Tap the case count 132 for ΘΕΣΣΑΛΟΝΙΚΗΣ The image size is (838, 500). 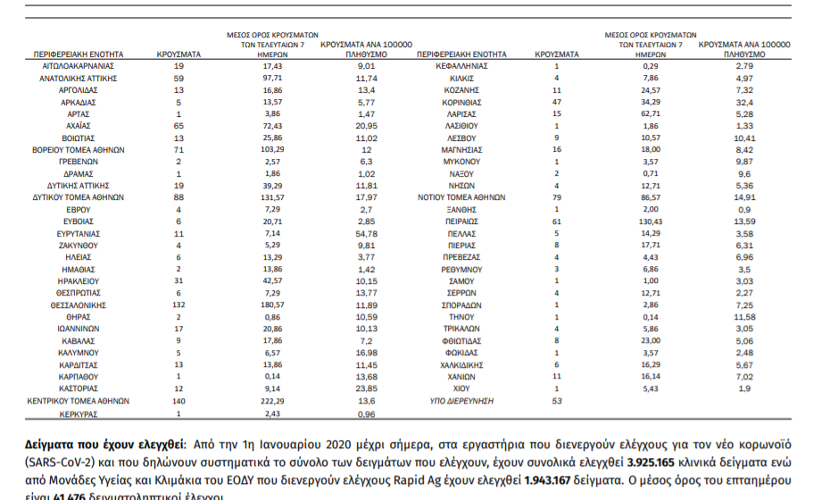tap(178, 304)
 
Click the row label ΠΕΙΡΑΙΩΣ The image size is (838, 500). tap(460, 219)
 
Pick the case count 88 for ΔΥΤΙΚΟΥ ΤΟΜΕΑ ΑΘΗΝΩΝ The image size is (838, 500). tap(178, 196)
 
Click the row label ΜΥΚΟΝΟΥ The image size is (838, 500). tap(460, 163)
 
